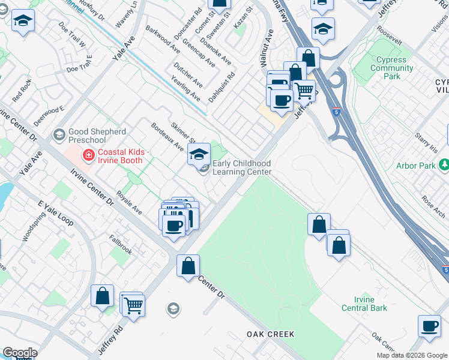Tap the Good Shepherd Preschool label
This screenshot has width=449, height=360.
click(x=97, y=136)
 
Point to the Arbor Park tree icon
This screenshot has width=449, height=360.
click(x=444, y=164)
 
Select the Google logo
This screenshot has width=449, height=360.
click(x=19, y=353)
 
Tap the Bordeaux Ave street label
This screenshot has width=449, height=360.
click(x=167, y=137)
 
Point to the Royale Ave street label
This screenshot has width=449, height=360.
click(x=129, y=203)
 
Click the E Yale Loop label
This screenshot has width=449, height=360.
click(x=55, y=214)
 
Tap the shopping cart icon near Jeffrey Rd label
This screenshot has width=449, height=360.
click(x=133, y=305)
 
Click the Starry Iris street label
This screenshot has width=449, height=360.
click(x=427, y=143)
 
